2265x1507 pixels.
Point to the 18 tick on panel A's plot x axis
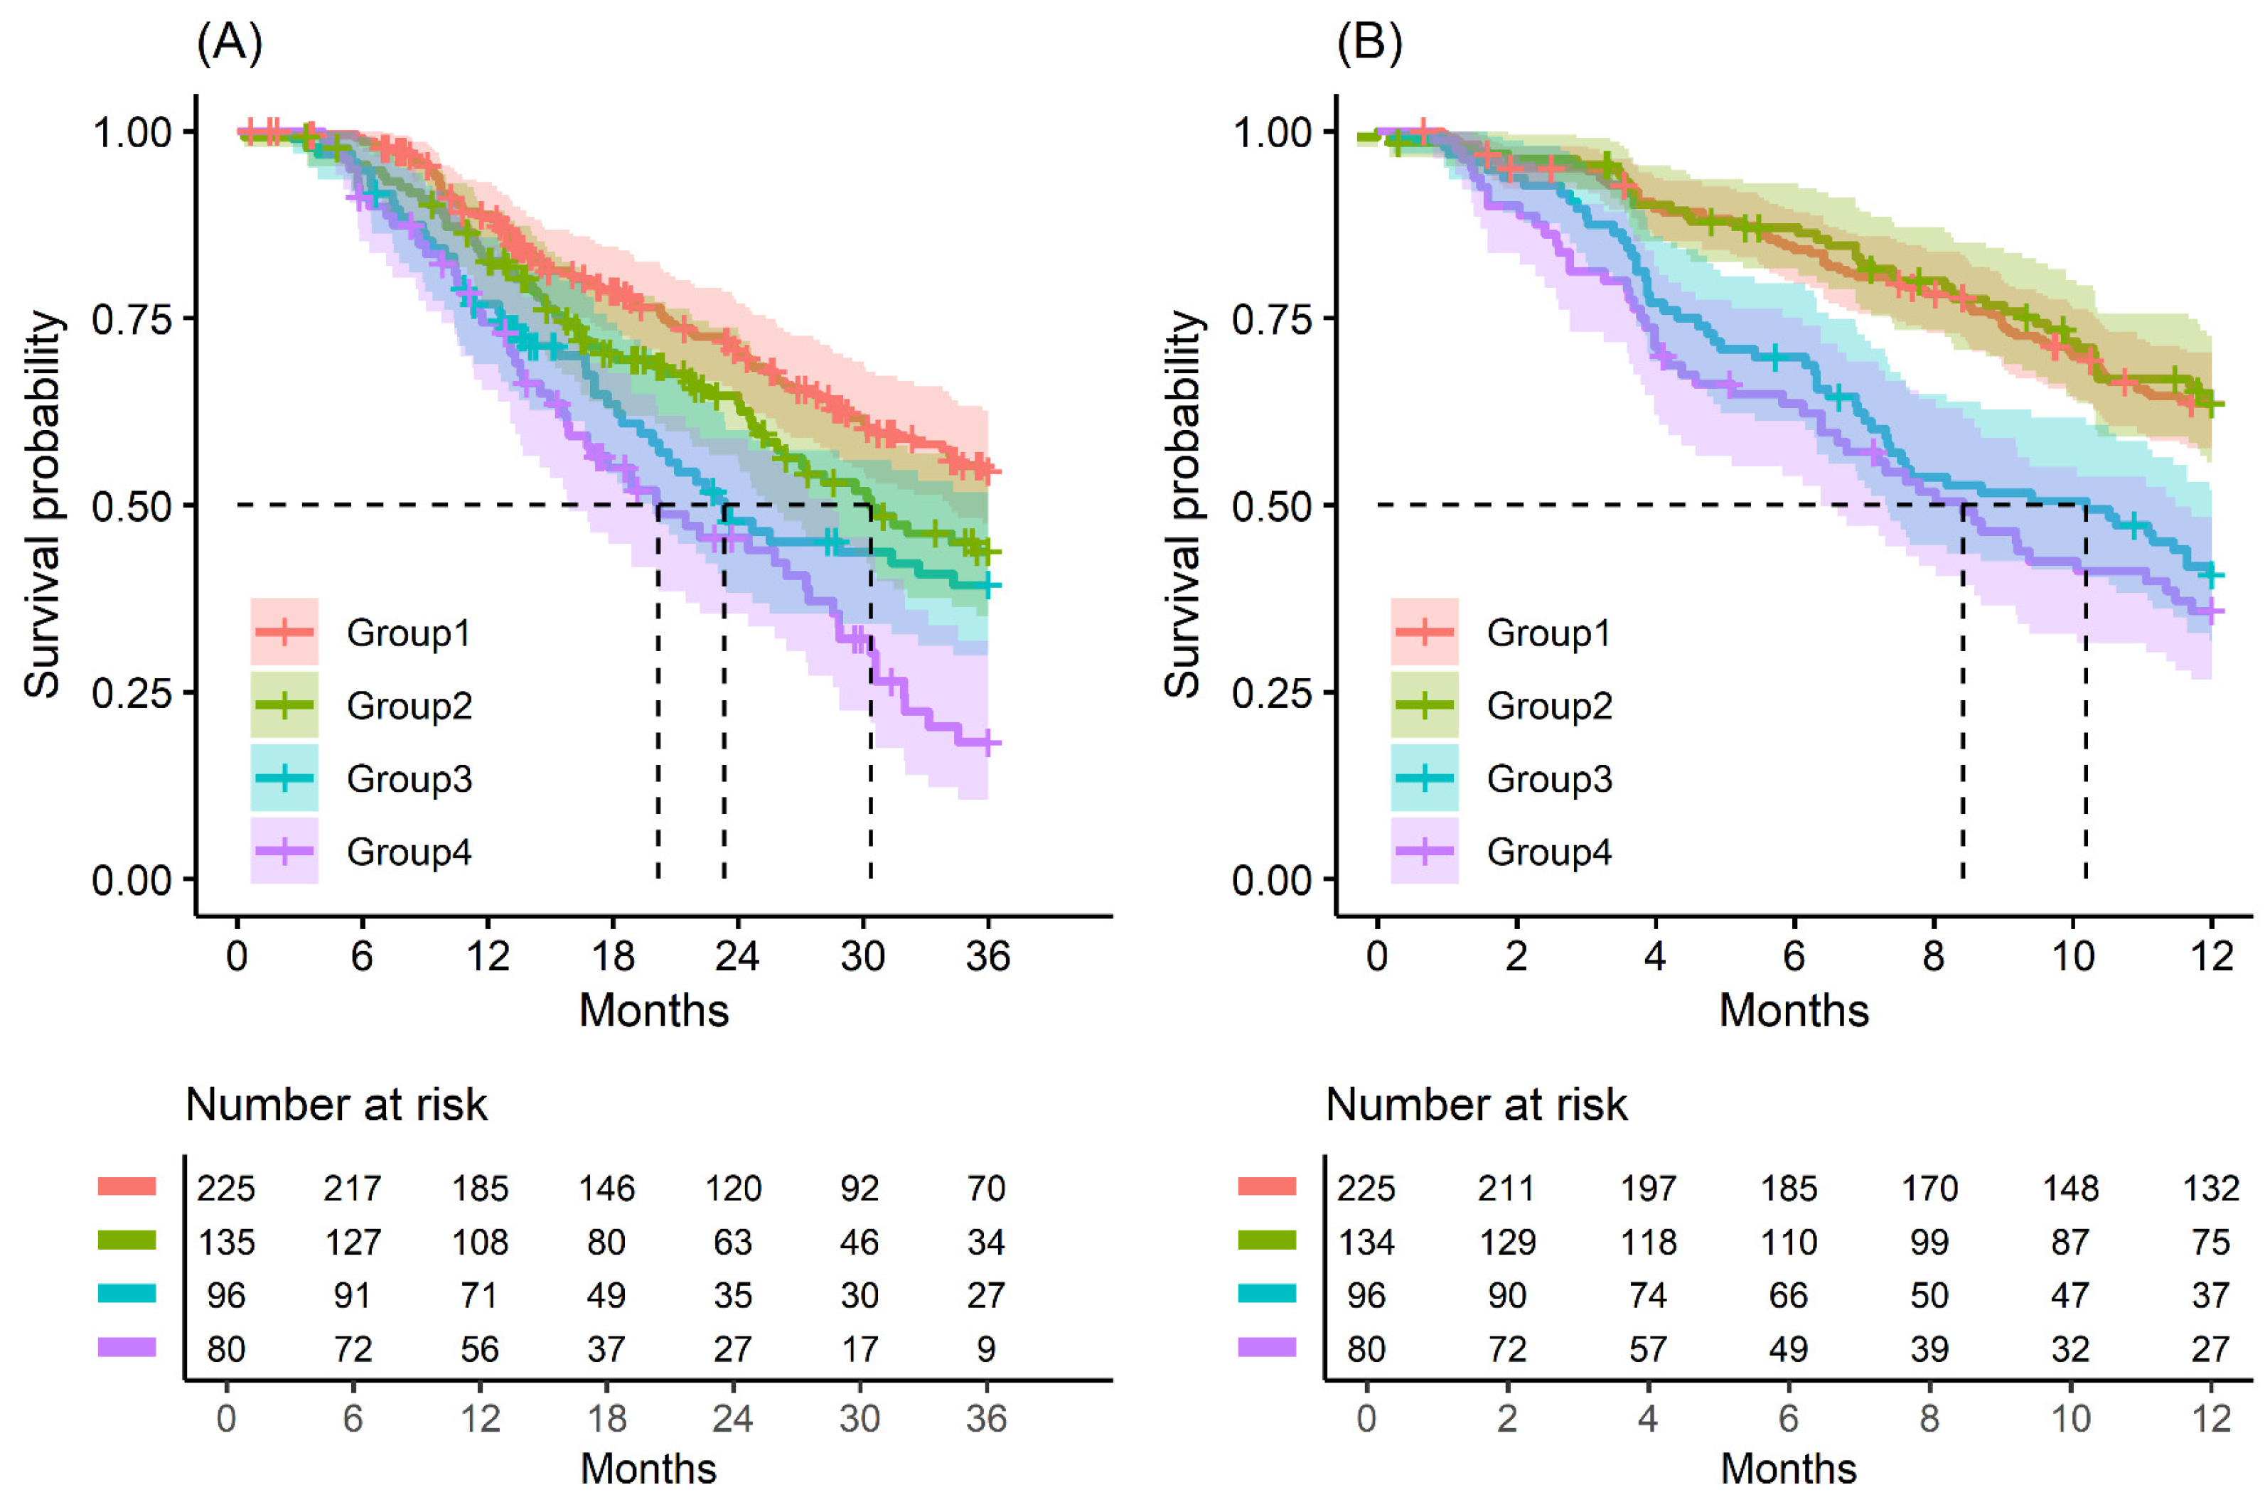tap(612, 956)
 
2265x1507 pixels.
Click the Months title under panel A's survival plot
tap(653, 1011)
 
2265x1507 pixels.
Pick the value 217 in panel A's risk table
tap(352, 1189)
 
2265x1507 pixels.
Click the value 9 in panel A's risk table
tap(986, 1349)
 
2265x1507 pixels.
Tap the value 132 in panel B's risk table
tap(2210, 1189)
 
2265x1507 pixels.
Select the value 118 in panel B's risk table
tap(1647, 1243)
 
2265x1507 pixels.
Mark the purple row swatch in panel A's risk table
tap(127, 1348)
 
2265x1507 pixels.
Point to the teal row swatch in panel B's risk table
tap(1267, 1294)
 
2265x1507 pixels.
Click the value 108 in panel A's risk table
tap(480, 1243)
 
